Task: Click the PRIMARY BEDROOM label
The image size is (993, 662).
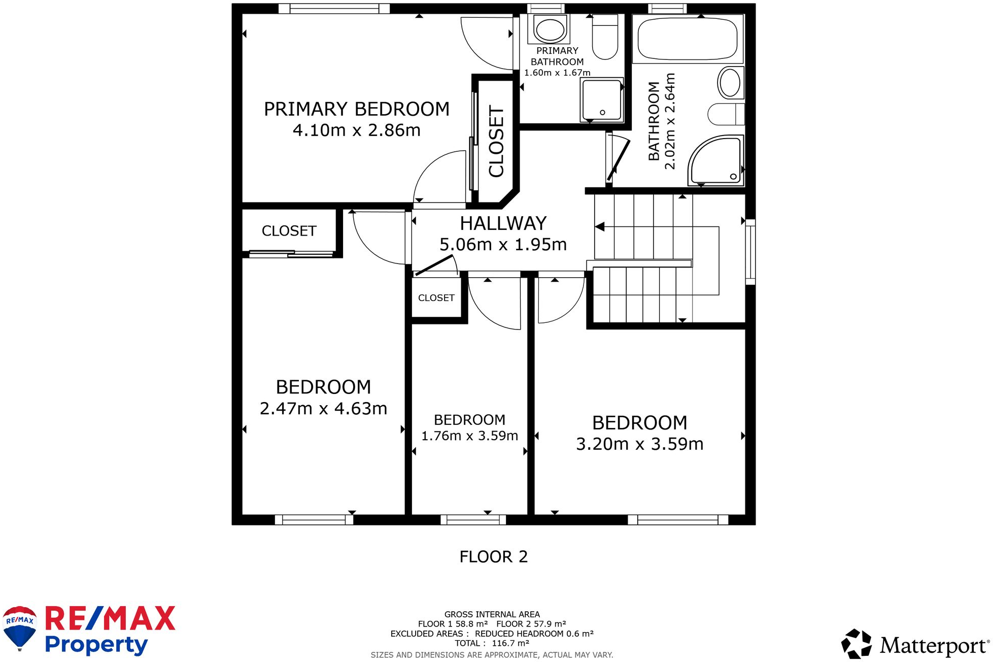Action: [x=356, y=109]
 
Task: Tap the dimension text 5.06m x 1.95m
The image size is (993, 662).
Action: [x=502, y=245]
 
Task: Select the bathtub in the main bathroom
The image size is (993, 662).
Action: [x=687, y=39]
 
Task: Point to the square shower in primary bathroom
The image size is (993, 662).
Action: [x=602, y=100]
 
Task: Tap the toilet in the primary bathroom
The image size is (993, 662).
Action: [x=605, y=38]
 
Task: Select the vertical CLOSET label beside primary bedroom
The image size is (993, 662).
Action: [x=496, y=141]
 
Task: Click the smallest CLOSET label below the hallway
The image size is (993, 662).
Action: [x=436, y=298]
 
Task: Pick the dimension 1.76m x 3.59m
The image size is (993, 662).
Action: [x=469, y=436]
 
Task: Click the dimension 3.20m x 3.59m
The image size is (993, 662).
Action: [x=639, y=444]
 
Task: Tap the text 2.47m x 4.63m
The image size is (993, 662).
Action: [x=323, y=408]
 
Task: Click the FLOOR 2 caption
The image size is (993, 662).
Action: [x=493, y=556]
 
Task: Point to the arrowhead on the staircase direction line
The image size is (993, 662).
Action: [x=600, y=226]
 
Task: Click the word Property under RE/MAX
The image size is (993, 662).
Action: [x=96, y=645]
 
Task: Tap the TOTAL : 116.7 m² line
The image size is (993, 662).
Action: [x=492, y=643]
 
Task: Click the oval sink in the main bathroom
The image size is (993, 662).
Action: [x=730, y=83]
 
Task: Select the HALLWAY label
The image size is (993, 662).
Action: [x=503, y=223]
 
